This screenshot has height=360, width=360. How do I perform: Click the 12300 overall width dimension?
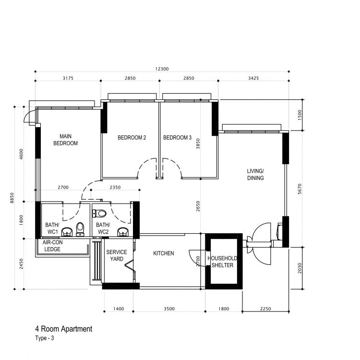[x=162, y=69]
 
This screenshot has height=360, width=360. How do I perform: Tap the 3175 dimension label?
[x=68, y=78]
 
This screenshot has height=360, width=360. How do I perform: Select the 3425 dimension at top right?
[x=253, y=78]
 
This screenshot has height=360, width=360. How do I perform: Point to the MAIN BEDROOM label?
[x=65, y=140]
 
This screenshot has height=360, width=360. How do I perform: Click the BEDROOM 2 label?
[x=132, y=138]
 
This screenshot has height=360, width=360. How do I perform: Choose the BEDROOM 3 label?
[x=177, y=138]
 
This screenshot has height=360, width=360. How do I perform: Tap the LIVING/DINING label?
[x=255, y=175]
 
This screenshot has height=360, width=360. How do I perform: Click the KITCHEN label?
[x=164, y=253]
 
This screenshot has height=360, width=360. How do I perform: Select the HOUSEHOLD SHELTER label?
[x=222, y=262]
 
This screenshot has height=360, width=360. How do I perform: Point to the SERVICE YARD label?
[x=117, y=255]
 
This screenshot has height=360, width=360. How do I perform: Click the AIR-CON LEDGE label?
[x=52, y=246]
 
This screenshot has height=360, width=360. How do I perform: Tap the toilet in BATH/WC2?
[x=99, y=214]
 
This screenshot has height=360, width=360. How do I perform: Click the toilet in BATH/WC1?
[x=80, y=229]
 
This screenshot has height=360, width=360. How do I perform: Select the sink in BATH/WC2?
[x=123, y=232]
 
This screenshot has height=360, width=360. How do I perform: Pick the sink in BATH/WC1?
[x=67, y=232]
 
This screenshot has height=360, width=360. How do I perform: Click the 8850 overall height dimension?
[x=12, y=198]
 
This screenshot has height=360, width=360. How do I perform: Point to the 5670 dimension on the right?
[x=300, y=189]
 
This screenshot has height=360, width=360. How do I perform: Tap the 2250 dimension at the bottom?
[x=265, y=309]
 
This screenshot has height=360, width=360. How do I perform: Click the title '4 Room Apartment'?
[x=63, y=329]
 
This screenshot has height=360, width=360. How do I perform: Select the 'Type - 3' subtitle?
[x=45, y=338]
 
